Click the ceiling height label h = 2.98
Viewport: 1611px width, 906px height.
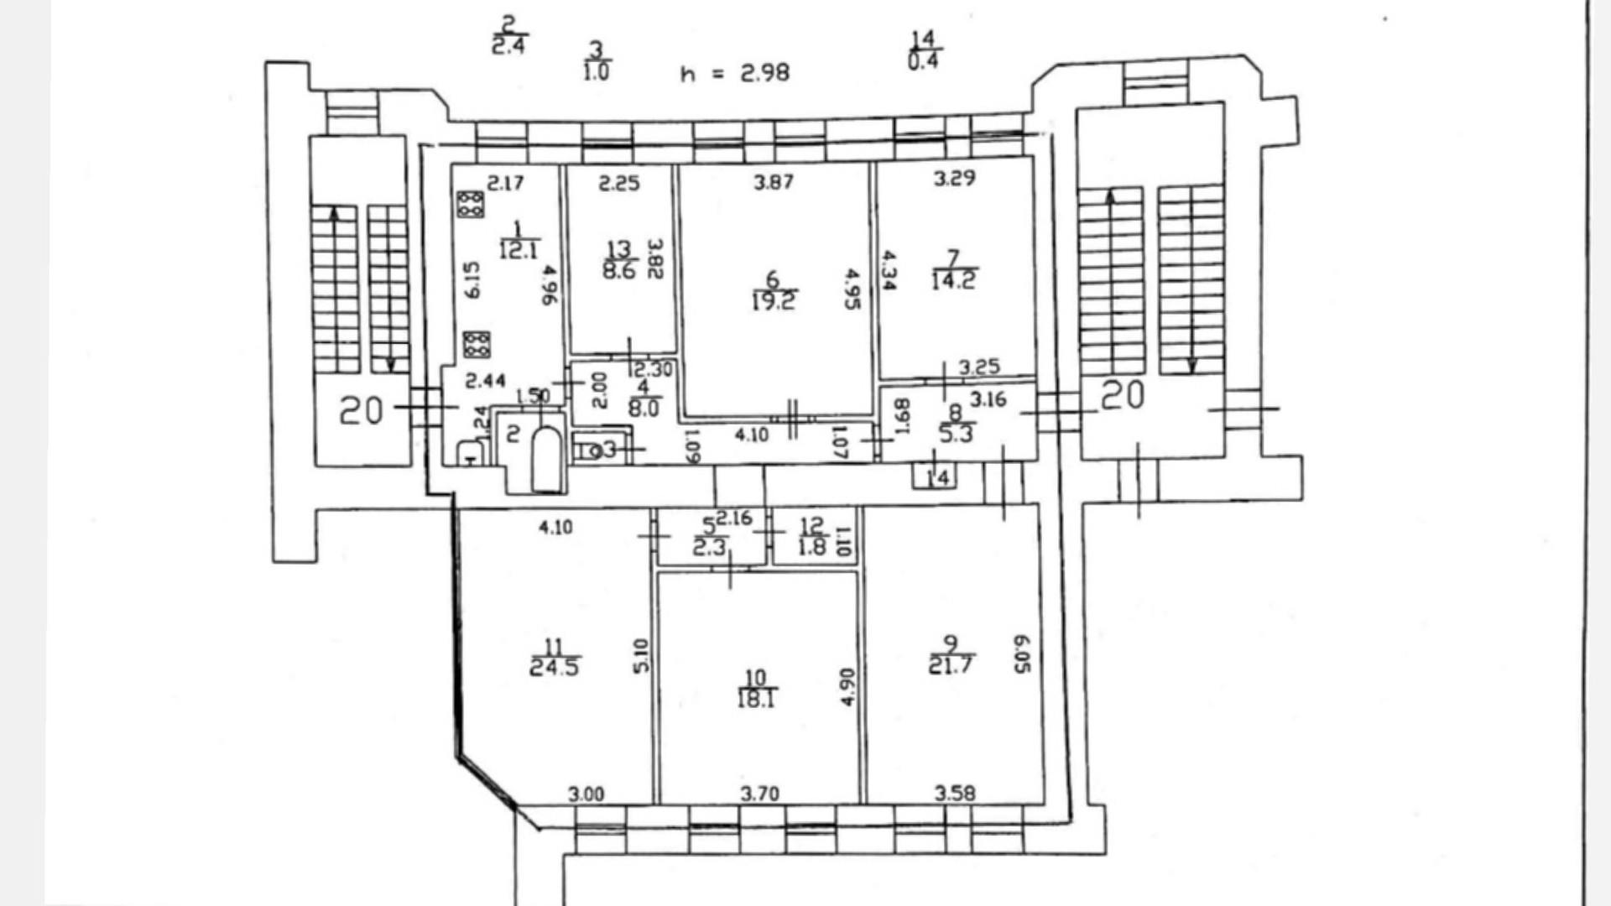[734, 73]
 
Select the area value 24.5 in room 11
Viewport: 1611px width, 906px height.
[554, 668]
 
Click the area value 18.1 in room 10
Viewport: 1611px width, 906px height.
[755, 698]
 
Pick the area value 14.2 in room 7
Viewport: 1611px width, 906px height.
[953, 280]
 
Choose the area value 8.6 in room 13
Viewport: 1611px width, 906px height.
[619, 271]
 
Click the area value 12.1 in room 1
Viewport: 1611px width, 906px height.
[519, 250]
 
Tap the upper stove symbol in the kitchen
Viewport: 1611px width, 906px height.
[470, 204]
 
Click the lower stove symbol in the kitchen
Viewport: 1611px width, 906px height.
[476, 345]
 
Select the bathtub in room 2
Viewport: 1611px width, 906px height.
[546, 459]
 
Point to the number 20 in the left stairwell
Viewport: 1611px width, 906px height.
[361, 411]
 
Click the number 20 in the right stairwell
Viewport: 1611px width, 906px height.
[1122, 395]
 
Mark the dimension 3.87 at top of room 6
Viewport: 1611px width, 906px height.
[773, 182]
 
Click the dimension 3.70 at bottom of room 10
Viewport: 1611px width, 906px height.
[759, 794]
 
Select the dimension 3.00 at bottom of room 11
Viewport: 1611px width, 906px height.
[585, 794]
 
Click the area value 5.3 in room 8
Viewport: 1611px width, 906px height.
[956, 434]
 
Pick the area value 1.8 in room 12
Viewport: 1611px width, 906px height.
[811, 548]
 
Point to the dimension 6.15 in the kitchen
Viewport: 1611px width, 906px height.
[472, 280]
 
